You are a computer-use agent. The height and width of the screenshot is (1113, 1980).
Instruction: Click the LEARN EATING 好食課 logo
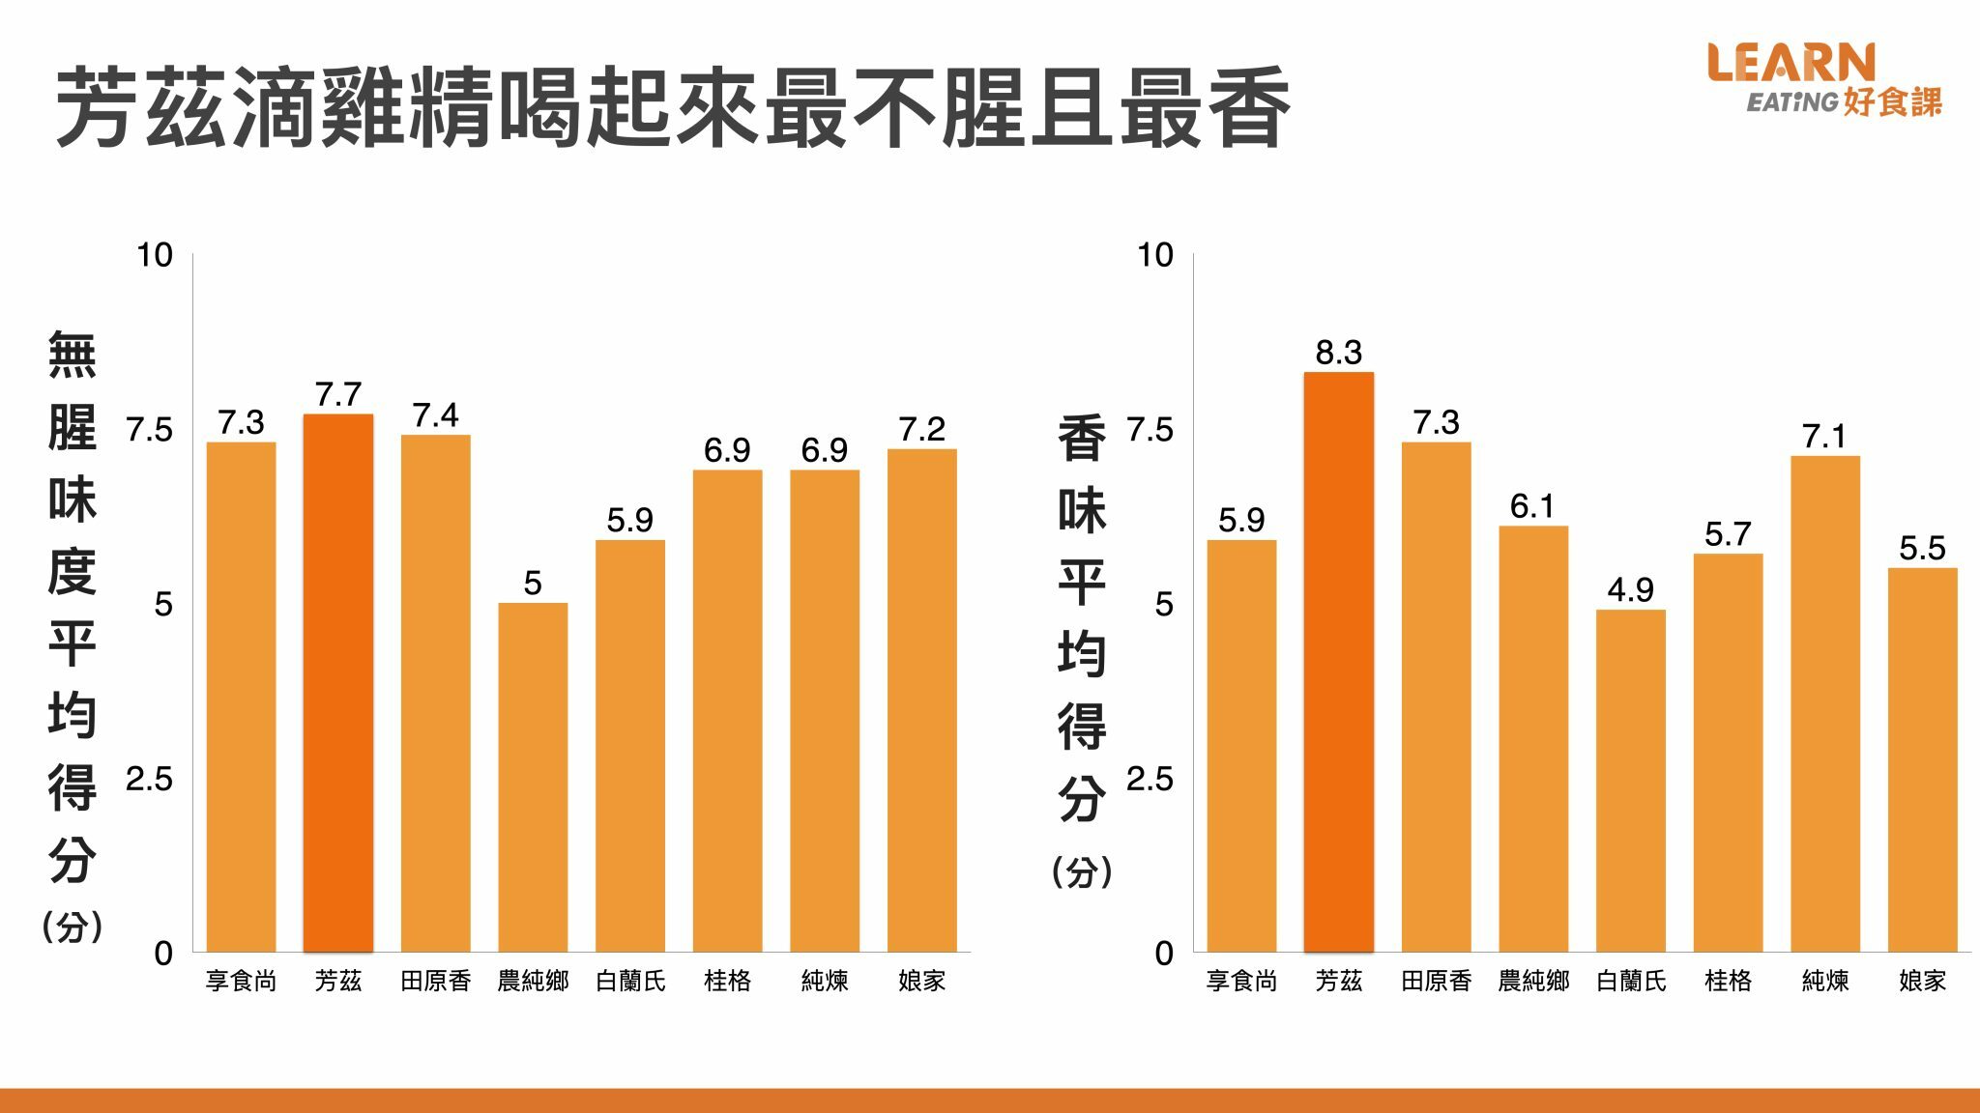coord(1823,79)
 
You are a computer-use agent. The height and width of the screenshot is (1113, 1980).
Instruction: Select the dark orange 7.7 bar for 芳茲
coord(338,682)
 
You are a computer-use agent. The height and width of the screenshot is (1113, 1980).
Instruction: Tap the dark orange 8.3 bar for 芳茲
coord(1338,662)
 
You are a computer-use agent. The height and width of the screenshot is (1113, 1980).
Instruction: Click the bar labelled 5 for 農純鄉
coord(533,777)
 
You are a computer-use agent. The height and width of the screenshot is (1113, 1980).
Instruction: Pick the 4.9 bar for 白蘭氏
coord(1630,780)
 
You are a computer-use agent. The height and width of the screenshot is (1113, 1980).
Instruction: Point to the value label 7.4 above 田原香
coord(435,415)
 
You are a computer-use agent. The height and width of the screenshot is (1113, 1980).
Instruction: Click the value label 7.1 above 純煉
coord(1824,437)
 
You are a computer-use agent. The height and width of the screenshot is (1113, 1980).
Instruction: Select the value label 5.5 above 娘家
coord(1922,549)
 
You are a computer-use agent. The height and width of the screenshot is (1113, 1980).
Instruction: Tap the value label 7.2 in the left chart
coord(921,429)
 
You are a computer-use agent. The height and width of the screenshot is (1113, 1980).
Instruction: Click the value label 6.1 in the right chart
coord(1532,506)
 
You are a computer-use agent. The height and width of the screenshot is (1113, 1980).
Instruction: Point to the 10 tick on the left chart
coord(155,255)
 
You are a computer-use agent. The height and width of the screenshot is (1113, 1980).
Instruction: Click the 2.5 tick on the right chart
coord(1150,779)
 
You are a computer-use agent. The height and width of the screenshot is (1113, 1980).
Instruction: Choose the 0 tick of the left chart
coord(163,954)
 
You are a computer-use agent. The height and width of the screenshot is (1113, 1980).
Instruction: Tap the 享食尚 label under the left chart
coord(241,982)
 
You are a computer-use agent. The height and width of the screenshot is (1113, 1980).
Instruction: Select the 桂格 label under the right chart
coord(1728,982)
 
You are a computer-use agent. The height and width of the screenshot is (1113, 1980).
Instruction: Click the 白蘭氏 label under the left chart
coord(630,982)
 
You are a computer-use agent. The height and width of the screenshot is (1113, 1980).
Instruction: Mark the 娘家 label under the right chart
coord(1922,982)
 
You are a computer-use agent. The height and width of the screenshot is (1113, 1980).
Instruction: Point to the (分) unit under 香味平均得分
coord(1082,872)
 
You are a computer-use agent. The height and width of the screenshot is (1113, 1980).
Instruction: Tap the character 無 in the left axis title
coord(73,355)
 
